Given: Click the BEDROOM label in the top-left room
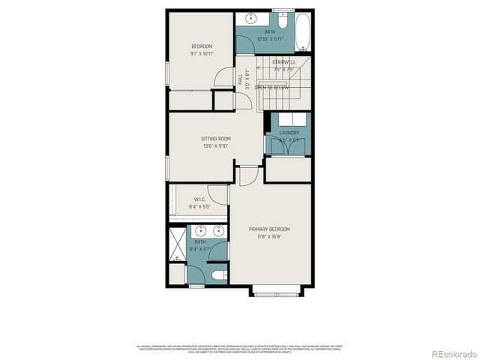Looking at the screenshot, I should (x=202, y=46).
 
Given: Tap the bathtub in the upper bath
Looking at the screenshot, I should (x=301, y=31).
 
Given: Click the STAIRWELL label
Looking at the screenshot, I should (x=283, y=61).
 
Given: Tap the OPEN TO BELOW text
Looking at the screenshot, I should (x=271, y=88).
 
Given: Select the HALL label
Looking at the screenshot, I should (x=240, y=76).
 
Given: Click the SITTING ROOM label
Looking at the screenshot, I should (x=215, y=139).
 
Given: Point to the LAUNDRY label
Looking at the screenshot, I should (x=289, y=133).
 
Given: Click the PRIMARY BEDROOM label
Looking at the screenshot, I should (x=269, y=229).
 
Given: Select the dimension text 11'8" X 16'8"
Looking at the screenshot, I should (x=269, y=236).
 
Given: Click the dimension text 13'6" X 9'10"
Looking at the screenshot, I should (x=215, y=146).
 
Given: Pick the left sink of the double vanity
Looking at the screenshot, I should (x=197, y=230).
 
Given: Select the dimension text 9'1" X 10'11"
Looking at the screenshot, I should (x=202, y=54).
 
